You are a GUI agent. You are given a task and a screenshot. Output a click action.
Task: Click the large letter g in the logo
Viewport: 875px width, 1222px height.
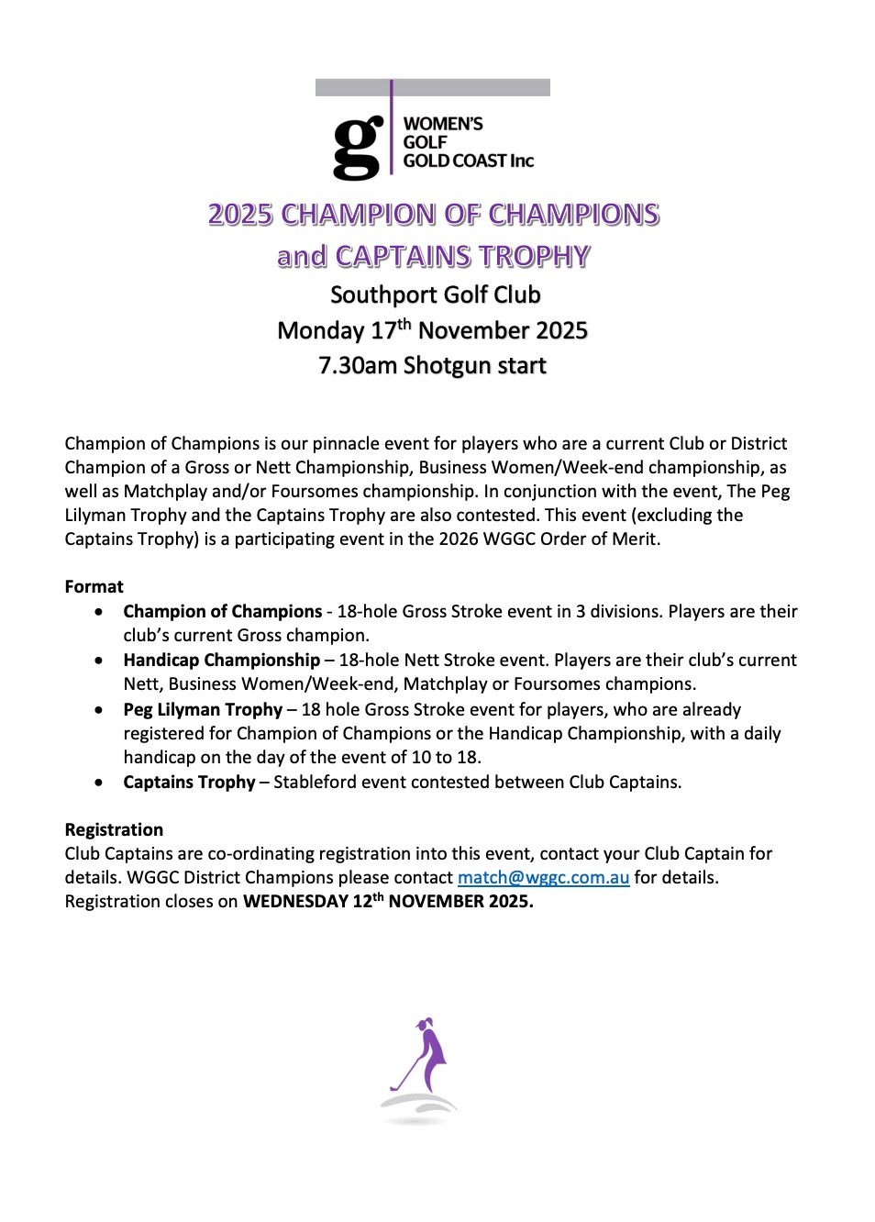point(357,148)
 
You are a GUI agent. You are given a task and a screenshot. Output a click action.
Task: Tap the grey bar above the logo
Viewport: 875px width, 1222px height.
point(432,87)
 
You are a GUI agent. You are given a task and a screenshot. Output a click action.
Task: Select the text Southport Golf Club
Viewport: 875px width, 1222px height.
point(435,294)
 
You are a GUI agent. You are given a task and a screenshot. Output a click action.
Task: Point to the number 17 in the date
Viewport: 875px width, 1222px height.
point(382,331)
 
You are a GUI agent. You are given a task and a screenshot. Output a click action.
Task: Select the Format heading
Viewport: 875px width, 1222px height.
point(94,586)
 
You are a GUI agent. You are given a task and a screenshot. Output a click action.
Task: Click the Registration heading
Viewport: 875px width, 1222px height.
point(114,829)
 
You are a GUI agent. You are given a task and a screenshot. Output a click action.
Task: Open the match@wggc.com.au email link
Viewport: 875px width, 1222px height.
point(543,877)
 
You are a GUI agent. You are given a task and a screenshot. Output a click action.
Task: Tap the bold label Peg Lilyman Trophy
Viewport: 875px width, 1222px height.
point(203,709)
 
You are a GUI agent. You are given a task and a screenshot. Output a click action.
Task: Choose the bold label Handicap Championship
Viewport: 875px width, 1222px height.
point(221,660)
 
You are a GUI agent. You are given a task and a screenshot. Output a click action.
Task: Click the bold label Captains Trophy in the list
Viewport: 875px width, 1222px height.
point(189,782)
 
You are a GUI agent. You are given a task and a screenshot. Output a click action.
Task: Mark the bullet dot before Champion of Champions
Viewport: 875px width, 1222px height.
point(99,611)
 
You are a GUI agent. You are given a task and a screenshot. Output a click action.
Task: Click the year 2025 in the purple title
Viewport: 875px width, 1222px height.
point(240,215)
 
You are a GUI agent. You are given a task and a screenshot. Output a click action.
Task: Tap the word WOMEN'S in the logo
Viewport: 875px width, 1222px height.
point(443,124)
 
